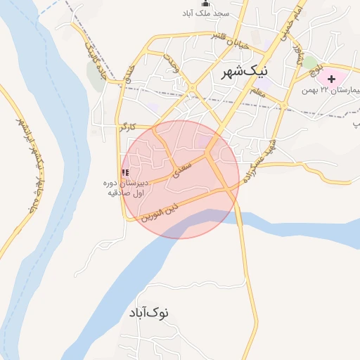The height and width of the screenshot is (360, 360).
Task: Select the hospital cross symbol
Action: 331,78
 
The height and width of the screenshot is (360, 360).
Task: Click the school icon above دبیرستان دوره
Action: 125,172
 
